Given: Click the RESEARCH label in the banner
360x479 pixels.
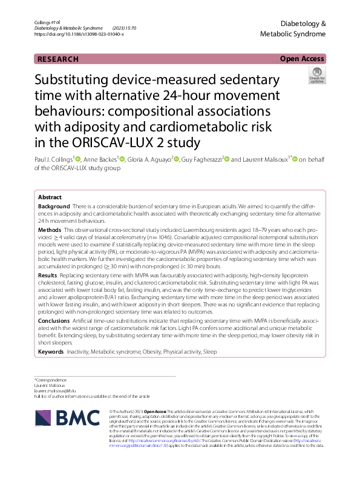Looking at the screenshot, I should (58, 59).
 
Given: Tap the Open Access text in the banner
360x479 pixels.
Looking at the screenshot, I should (303, 59).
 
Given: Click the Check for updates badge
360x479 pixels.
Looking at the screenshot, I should (316, 76).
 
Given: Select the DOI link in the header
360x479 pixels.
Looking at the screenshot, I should (79, 34).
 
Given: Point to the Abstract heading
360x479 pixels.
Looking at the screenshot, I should (50, 197).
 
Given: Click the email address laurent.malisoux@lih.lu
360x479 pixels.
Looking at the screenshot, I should (59, 391).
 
